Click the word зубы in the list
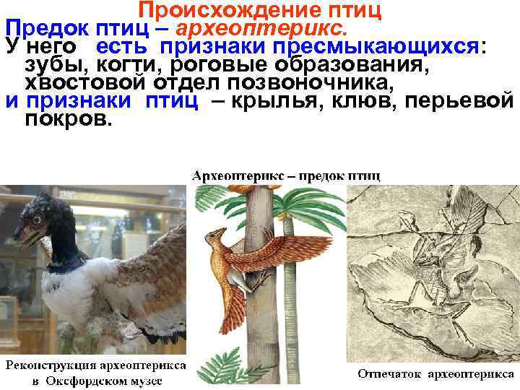coord(48,65)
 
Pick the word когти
coord(120,65)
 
